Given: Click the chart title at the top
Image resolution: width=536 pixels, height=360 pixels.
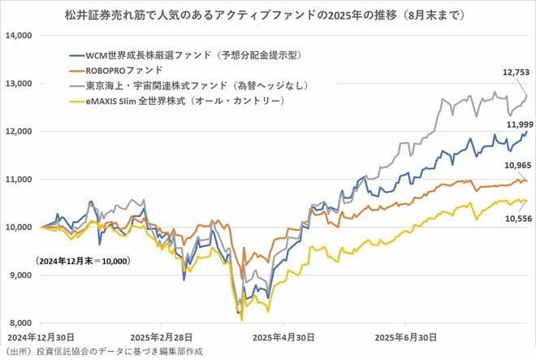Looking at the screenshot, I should coord(268,15).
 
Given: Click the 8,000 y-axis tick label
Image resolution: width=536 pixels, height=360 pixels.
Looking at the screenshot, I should coord(19,323).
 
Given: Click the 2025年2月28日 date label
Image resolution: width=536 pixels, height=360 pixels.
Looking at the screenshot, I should coord(162,336).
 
